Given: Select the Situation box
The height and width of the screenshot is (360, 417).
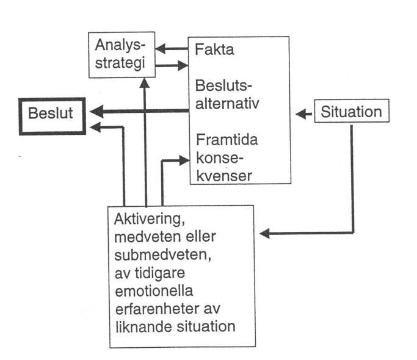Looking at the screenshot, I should pos(352,112).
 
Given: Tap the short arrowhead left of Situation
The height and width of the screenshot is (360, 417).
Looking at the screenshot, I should pos(300,113).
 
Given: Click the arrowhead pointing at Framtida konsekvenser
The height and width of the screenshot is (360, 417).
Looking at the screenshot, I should pos(186,160).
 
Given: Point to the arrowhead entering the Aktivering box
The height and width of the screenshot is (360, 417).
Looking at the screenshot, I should pos(264,233).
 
